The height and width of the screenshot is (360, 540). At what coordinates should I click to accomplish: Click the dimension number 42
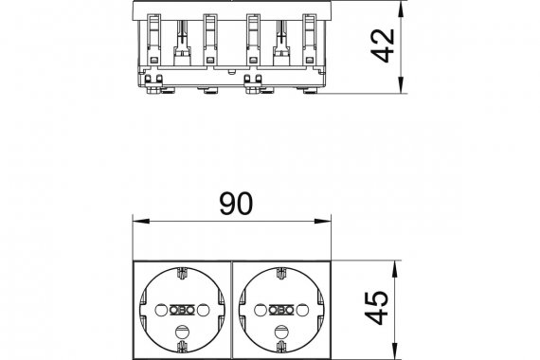pyautogui.click(x=383, y=45)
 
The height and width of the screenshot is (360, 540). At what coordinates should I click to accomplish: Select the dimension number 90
pyautogui.click(x=236, y=204)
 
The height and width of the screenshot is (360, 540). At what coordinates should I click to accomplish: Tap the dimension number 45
pyautogui.click(x=376, y=308)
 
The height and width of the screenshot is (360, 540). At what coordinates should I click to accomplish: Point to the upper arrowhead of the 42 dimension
pyautogui.click(x=401, y=9)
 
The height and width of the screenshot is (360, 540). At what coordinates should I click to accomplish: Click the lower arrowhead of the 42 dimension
pyautogui.click(x=401, y=84)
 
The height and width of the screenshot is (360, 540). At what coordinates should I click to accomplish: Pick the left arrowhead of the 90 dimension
pyautogui.click(x=141, y=221)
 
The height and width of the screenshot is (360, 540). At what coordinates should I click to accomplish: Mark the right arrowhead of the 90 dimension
pyautogui.click(x=322, y=221)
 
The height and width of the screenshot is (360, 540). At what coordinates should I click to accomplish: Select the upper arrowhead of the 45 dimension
pyautogui.click(x=395, y=269)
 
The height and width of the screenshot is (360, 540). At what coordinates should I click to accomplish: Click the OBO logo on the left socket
pyautogui.click(x=182, y=310)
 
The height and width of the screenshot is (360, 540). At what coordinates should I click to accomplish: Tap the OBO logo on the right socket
pyautogui.click(x=281, y=310)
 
